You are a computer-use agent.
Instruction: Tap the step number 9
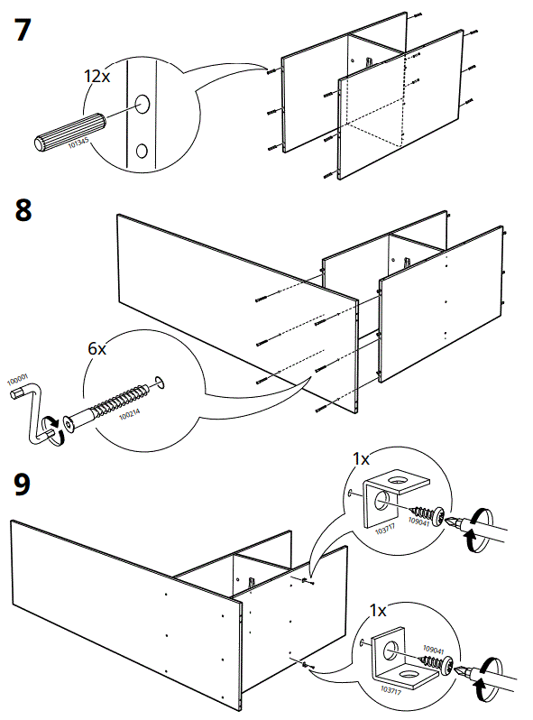tap(23, 485)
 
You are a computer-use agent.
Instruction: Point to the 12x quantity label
tap(96, 77)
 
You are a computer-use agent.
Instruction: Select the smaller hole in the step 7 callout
tap(141, 150)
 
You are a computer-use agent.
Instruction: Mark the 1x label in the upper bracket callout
tap(362, 459)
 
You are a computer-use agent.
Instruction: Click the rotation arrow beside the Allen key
tap(53, 425)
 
